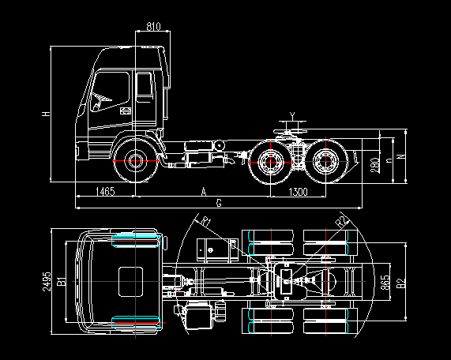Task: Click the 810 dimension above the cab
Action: point(153,27)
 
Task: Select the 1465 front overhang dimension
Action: point(105,192)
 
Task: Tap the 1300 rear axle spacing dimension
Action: point(298,192)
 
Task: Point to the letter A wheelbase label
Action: point(204,192)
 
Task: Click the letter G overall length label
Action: point(219,203)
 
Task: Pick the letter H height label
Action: point(46,114)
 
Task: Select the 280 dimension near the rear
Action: point(374,165)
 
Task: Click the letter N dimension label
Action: point(401,156)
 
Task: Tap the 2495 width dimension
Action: point(47,282)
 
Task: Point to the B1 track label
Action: point(62,281)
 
